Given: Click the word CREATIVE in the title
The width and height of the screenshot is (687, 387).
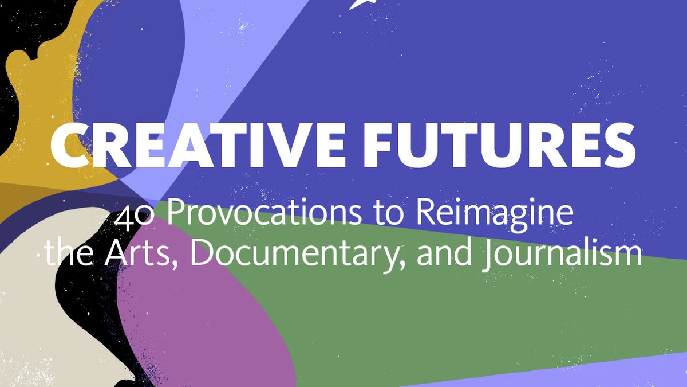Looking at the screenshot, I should point(188,144).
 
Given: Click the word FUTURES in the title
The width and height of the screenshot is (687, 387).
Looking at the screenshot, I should point(492,144).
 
